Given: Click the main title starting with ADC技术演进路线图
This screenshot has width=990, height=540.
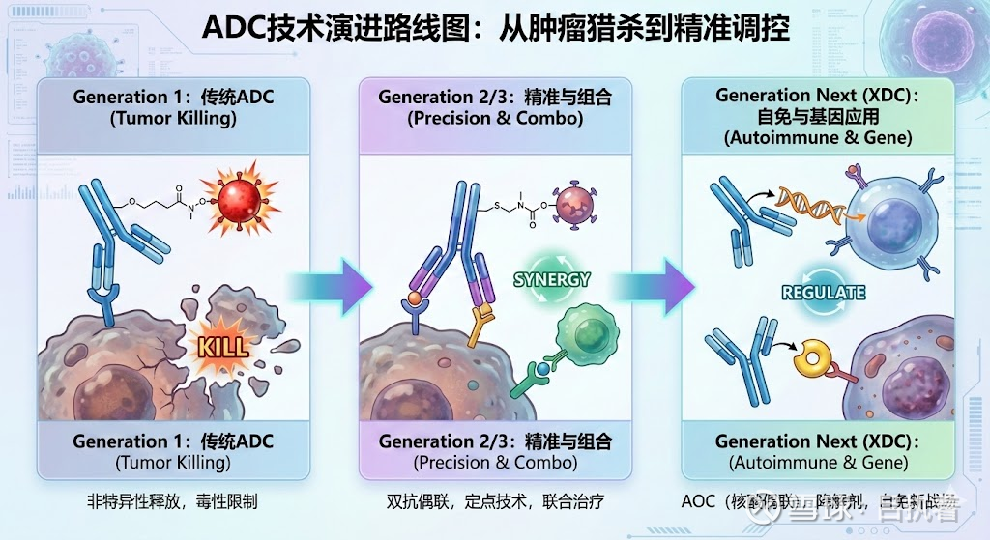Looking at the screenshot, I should click(495, 29).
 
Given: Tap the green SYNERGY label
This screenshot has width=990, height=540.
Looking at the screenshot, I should click(552, 280).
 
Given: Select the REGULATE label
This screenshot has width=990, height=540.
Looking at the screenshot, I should click(823, 292).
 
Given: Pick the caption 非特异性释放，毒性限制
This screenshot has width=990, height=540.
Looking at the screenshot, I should click(173, 502).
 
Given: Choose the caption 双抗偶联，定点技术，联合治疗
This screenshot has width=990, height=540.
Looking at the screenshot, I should click(495, 502).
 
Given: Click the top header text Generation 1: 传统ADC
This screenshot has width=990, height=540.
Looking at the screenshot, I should click(173, 97).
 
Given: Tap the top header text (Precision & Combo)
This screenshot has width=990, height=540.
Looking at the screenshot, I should click(495, 119).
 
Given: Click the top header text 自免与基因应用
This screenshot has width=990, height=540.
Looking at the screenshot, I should click(818, 117).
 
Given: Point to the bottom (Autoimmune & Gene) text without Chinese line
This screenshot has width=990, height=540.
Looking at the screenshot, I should click(818, 463).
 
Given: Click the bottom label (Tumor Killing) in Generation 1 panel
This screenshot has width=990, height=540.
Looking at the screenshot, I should click(173, 463).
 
